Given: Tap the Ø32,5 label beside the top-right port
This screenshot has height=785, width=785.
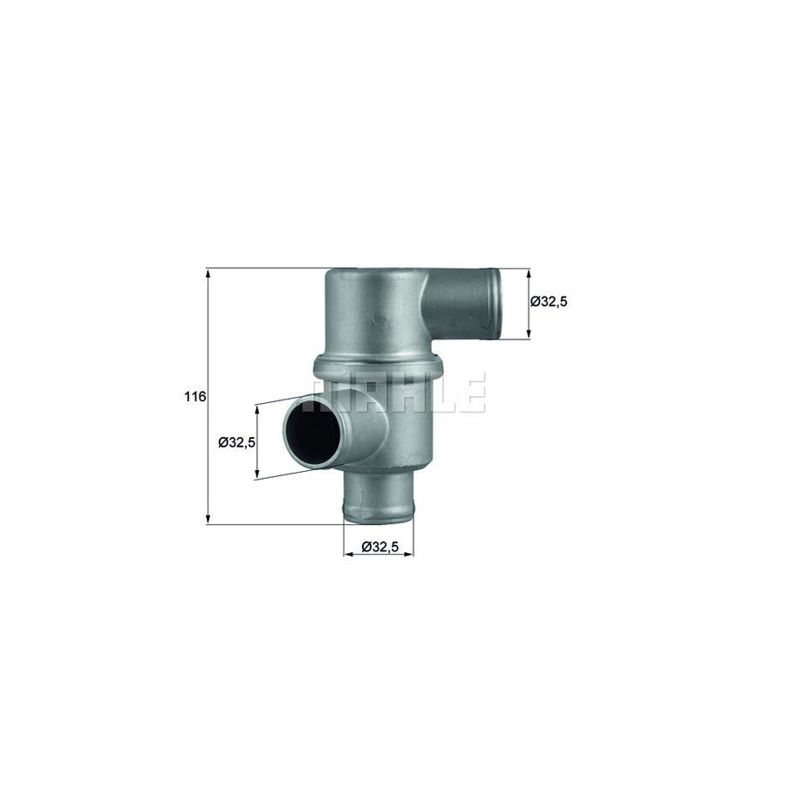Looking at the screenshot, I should click(549, 302).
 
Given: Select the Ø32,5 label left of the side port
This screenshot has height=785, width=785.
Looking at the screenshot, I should click(235, 442).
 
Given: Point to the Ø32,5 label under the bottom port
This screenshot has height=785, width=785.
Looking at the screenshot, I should click(379, 547).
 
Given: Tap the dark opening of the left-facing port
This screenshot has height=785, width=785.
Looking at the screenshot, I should click(313, 433).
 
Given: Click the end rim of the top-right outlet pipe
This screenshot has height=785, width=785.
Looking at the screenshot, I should click(494, 302).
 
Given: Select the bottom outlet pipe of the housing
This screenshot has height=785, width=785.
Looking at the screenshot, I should click(378, 498).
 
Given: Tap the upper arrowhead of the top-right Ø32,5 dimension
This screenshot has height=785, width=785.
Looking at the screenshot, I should click(529, 274).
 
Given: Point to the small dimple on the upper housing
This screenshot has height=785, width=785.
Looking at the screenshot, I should click(379, 317).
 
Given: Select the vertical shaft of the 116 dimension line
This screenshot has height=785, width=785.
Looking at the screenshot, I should click(208, 454).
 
